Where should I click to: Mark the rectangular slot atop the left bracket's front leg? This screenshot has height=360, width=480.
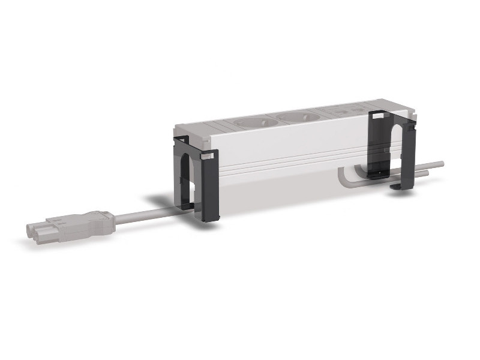coord(206,157)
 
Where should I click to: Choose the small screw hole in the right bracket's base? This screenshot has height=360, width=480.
coord(377,175)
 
